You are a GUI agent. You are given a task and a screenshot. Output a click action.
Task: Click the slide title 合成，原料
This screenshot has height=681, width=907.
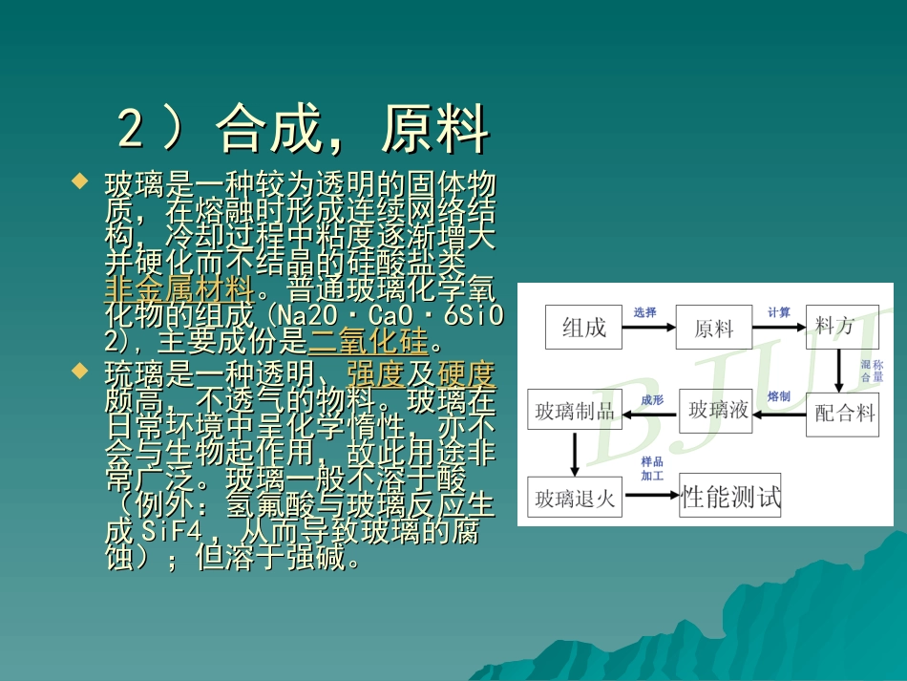click(303, 128)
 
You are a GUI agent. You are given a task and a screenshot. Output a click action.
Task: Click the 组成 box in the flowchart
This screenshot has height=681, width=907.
click(584, 328)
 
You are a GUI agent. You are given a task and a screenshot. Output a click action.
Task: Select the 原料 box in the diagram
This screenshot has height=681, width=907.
click(713, 328)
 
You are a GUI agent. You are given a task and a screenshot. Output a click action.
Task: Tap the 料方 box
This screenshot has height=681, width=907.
click(841, 327)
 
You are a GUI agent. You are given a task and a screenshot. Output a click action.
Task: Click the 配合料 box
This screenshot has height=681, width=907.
click(842, 413)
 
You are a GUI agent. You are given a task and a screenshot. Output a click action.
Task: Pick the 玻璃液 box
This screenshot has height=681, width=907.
click(718, 411)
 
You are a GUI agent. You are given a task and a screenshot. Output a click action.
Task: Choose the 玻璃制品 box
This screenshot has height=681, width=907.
click(574, 412)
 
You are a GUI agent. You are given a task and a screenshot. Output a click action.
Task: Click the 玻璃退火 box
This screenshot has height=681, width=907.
click(574, 498)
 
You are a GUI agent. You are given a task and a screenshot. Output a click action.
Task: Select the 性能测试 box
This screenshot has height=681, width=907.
click(729, 497)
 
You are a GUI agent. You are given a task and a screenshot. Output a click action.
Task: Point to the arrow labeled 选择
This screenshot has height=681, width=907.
click(649, 328)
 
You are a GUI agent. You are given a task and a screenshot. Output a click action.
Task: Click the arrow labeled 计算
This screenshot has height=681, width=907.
click(778, 328)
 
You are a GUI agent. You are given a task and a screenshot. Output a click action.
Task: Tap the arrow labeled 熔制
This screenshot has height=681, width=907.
click(779, 413)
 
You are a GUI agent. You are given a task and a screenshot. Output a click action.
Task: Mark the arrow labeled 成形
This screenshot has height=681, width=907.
click(651, 413)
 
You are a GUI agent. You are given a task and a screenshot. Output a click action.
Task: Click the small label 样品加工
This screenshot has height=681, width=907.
click(651, 468)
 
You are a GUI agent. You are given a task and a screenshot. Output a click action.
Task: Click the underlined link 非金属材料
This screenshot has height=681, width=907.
click(179, 287)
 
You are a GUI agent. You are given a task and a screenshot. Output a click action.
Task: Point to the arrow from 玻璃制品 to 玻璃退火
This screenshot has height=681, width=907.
click(574, 455)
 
